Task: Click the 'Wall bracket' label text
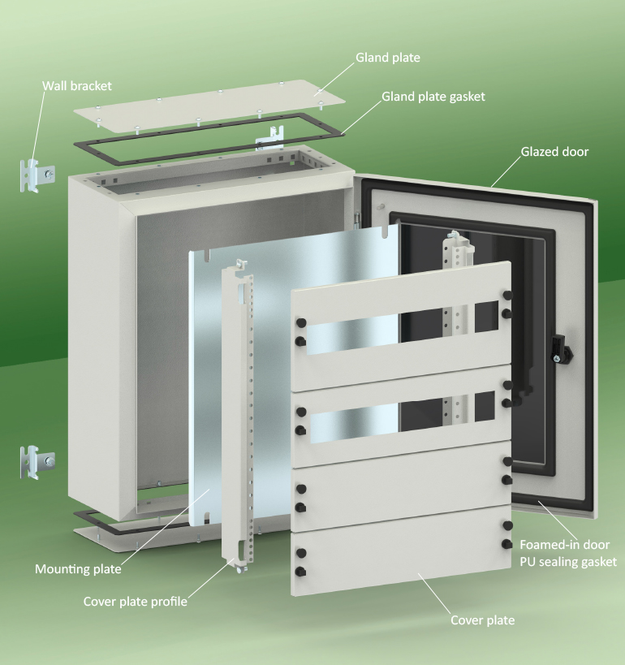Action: pyautogui.click(x=77, y=86)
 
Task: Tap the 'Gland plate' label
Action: pyautogui.click(x=387, y=58)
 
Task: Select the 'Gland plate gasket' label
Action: pyautogui.click(x=433, y=97)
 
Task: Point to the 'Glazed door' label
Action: pyautogui.click(x=554, y=151)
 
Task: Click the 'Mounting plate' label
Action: pyautogui.click(x=78, y=568)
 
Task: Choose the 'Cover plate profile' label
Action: pyautogui.click(x=136, y=602)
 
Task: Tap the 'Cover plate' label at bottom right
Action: pyautogui.click(x=482, y=620)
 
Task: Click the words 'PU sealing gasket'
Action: pyautogui.click(x=568, y=562)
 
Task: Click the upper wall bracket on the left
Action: pyautogui.click(x=37, y=175)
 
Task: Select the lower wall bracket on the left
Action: pyautogui.click(x=37, y=462)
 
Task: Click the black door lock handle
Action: pyautogui.click(x=562, y=348)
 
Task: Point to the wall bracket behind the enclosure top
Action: pyautogui.click(x=270, y=138)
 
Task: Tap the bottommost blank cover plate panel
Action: pyautogui.click(x=401, y=551)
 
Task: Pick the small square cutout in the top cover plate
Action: pyautogui.click(x=486, y=316)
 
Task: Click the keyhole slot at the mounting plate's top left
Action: pyautogui.click(x=206, y=255)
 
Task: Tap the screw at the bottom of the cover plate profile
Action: pyautogui.click(x=241, y=569)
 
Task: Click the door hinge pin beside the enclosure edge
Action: pyautogui.click(x=357, y=218)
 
